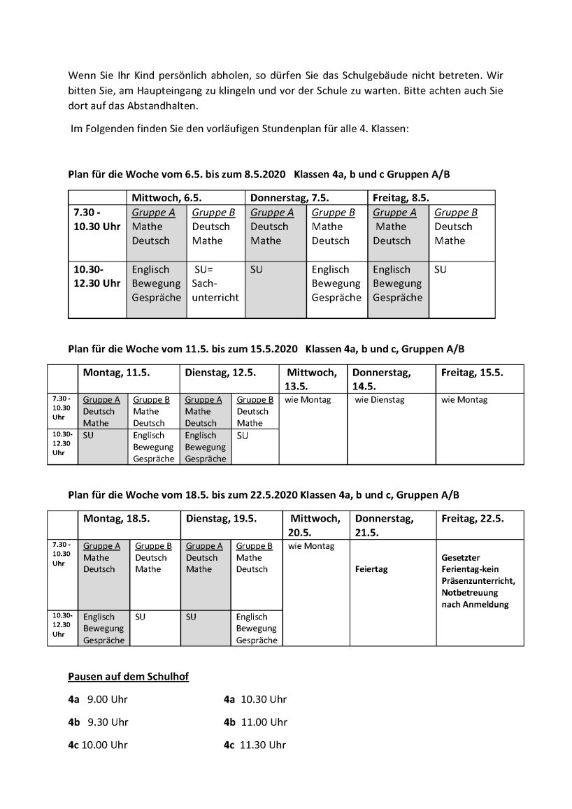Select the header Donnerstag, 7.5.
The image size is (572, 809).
pyautogui.click(x=289, y=198)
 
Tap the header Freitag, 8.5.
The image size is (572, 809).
pyautogui.click(x=401, y=198)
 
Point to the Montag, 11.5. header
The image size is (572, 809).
pyautogui.click(x=116, y=373)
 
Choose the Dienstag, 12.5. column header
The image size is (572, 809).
pyautogui.click(x=220, y=373)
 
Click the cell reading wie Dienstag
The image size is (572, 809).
pyautogui.click(x=380, y=400)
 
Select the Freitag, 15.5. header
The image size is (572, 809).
pyautogui.click(x=472, y=373)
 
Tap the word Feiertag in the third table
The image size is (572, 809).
pyautogui.click(x=371, y=569)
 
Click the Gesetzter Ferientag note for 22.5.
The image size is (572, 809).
pyautogui.click(x=479, y=581)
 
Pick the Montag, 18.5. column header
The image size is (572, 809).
pyautogui.click(x=117, y=519)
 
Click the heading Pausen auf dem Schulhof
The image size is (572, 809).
pyautogui.click(x=128, y=676)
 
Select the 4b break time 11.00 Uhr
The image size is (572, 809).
pyautogui.click(x=264, y=722)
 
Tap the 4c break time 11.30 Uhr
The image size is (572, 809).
pyautogui.click(x=263, y=745)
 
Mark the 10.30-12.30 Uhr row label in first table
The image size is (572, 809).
pyautogui.click(x=96, y=276)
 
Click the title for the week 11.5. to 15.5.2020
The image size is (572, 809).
pyautogui.click(x=266, y=348)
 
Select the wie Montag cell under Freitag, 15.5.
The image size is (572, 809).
pyautogui.click(x=465, y=400)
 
